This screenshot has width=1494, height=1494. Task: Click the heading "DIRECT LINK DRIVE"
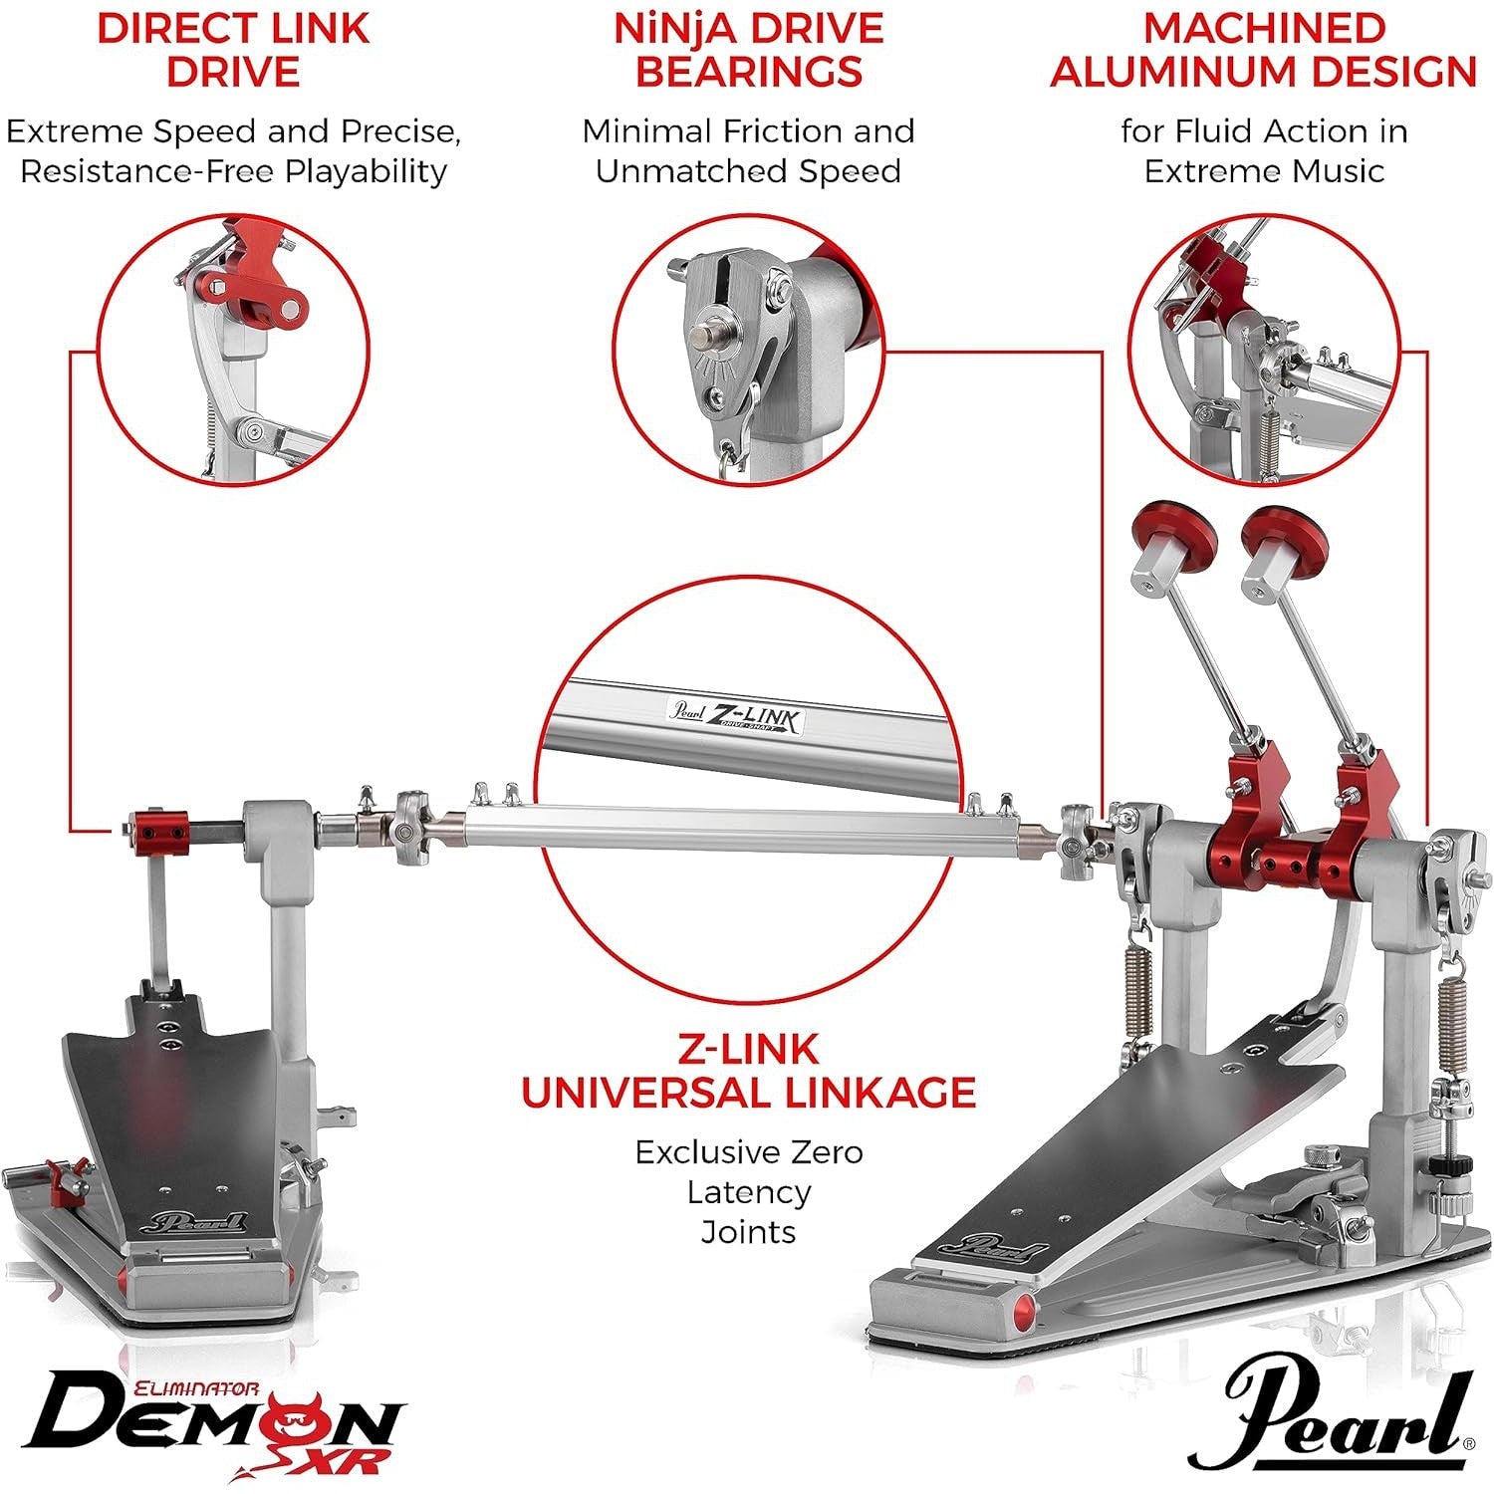pos(233,50)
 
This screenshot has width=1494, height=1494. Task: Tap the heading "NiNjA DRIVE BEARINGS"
pos(748,50)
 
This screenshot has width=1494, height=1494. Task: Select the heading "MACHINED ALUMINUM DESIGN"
pos(1263,50)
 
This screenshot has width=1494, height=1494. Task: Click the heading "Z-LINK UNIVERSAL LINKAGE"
pos(748,1071)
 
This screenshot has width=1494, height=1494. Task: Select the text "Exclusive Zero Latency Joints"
pos(748,1191)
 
